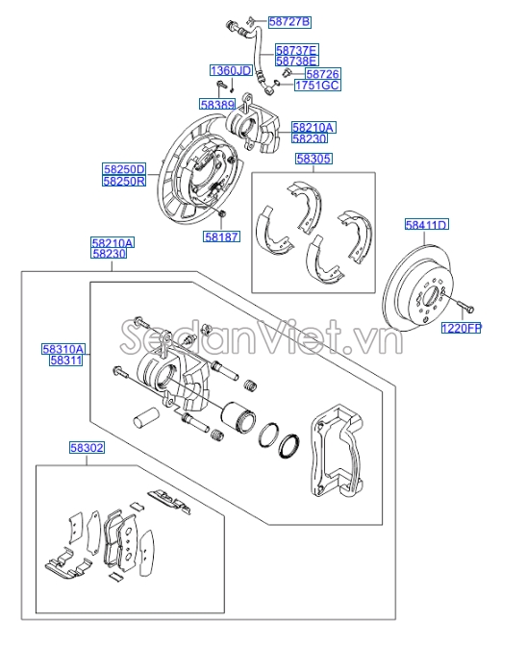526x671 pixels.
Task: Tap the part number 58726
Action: pyautogui.click(x=322, y=73)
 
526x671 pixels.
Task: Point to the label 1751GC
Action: pyautogui.click(x=316, y=86)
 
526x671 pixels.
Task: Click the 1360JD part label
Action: pyautogui.click(x=231, y=70)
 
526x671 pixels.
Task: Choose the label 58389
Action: pyautogui.click(x=217, y=103)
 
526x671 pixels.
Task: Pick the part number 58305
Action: pyautogui.click(x=313, y=160)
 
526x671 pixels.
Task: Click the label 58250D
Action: pyautogui.click(x=124, y=168)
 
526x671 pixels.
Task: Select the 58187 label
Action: pyautogui.click(x=220, y=235)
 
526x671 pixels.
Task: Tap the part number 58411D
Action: pyautogui.click(x=426, y=225)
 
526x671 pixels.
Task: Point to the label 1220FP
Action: pyautogui.click(x=461, y=328)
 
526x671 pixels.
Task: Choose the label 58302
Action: pyautogui.click(x=87, y=447)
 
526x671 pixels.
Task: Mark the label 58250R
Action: pyautogui.click(x=124, y=180)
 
